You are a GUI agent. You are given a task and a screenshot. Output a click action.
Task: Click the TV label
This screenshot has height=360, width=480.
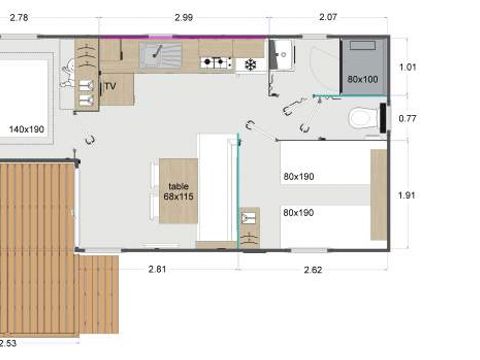pos(111,86)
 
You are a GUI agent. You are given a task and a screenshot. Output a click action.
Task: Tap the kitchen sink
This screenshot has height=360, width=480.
pos(158,54)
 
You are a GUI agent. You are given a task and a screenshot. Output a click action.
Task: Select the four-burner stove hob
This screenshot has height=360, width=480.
pos(214,62)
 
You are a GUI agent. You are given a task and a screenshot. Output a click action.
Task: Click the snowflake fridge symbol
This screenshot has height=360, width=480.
pos(249,64)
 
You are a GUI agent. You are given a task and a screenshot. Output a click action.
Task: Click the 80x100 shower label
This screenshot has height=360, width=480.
pos(363,78)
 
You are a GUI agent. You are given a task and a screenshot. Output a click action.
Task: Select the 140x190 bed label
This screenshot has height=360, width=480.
pos(26,129)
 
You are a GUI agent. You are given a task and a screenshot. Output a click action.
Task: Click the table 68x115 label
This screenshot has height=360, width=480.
pos(179,190)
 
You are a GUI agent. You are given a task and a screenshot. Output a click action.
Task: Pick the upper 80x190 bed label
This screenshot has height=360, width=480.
pos(298,176)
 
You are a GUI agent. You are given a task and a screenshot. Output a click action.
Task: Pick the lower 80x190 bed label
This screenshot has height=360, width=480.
pos(298,212)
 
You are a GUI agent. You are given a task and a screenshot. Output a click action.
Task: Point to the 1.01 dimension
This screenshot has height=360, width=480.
pos(407,68)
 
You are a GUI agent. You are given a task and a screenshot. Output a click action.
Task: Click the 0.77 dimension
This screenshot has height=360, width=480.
pos(407,119)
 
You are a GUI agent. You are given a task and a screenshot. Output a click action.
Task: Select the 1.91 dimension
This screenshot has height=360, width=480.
pos(407,196)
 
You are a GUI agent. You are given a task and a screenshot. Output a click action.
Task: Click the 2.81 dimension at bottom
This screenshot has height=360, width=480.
pos(158,268)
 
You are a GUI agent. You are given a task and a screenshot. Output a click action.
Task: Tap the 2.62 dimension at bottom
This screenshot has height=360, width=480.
pos(312,268)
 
